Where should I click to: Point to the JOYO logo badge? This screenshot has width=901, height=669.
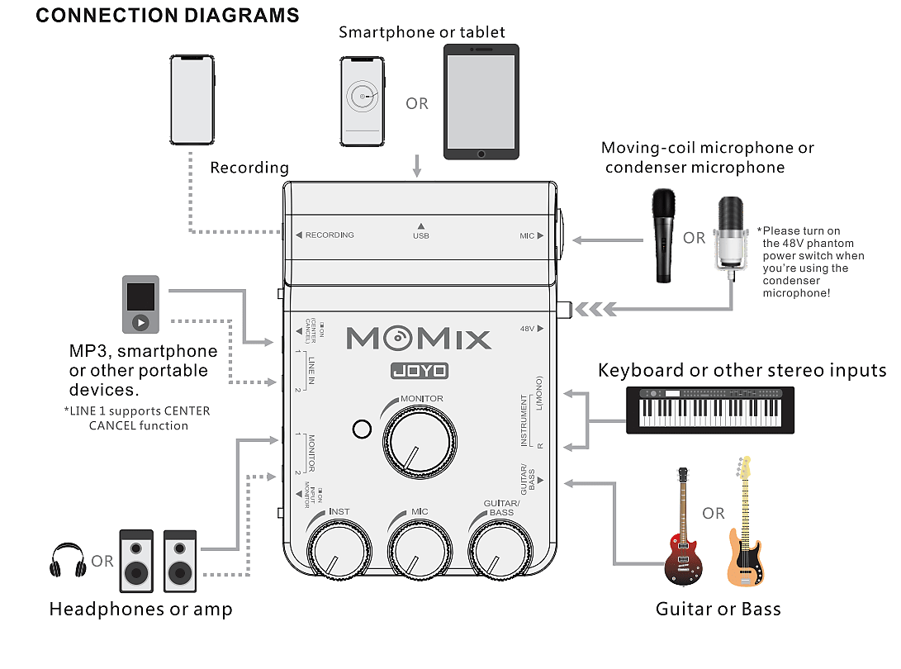(419, 371)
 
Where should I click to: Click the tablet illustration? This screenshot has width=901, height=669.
(481, 101)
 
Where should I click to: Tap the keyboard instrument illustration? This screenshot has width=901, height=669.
(710, 410)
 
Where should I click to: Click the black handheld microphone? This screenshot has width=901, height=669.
(663, 235)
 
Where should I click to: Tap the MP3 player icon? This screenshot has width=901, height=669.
(140, 305)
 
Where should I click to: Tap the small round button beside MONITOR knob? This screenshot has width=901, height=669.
(361, 429)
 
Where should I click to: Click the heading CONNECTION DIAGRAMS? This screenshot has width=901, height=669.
(168, 15)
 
